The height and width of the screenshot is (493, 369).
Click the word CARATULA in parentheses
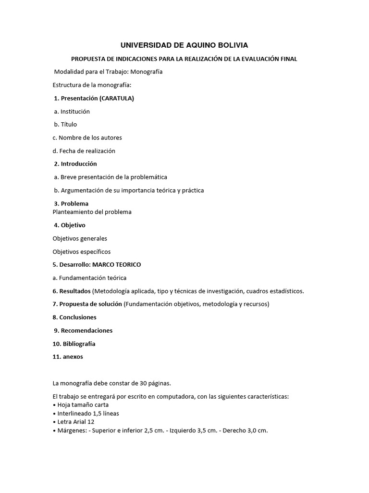(116, 98)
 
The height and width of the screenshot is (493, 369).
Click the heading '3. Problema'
(71, 204)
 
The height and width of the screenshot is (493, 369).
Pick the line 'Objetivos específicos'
(82, 251)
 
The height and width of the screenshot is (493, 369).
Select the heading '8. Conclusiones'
(74, 317)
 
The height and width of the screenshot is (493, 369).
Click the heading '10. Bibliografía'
(74, 344)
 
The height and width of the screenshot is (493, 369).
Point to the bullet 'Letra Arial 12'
(74, 422)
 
